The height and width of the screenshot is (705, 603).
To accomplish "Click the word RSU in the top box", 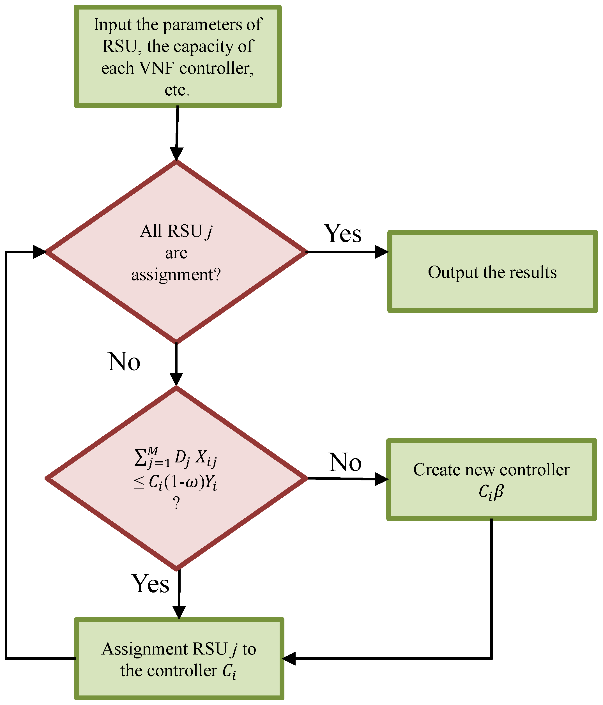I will point(119,46).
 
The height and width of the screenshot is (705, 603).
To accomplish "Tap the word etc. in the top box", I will point(177,90).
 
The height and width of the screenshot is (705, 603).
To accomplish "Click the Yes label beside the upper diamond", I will point(342,234).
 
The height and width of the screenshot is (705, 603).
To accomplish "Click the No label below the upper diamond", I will point(124,362).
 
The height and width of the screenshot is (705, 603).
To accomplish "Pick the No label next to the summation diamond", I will point(345,462).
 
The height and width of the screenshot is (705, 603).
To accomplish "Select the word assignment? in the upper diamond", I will point(176,275).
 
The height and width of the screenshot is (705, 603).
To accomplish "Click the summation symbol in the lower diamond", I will point(140,457).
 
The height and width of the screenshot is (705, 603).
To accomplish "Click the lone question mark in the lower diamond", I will point(176,503).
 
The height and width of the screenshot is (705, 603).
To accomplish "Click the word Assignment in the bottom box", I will point(144,649).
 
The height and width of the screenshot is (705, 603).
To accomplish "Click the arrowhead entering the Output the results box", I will point(381,252).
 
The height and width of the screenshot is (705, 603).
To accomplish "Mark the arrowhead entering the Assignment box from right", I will point(289,658).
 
